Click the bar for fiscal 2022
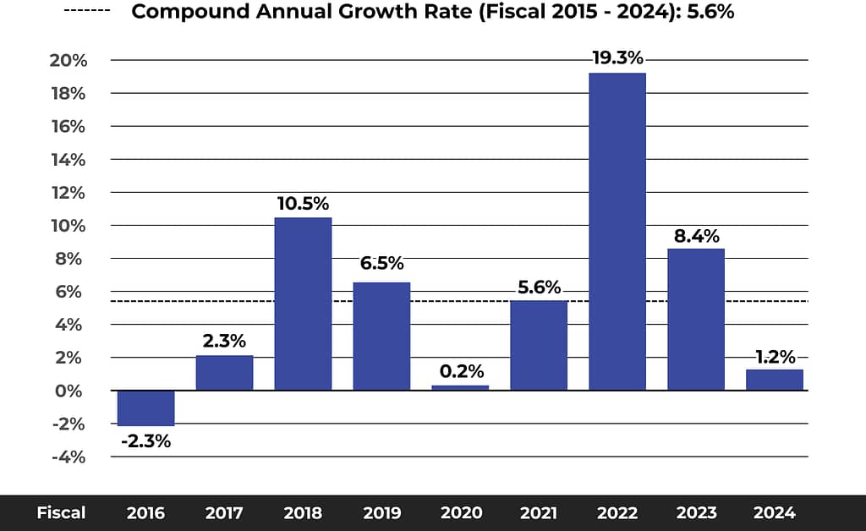617,232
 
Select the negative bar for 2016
145,408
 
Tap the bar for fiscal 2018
303,304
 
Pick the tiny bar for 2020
460,387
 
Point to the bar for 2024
774,380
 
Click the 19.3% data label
617,58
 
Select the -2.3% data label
145,441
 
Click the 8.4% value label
696,235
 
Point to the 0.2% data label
461,371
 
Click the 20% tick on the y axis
69,61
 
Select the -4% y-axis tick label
69,457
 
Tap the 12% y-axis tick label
69,193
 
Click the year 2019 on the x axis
382,512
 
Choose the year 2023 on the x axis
696,512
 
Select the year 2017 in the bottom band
224,512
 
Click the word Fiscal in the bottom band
61,512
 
